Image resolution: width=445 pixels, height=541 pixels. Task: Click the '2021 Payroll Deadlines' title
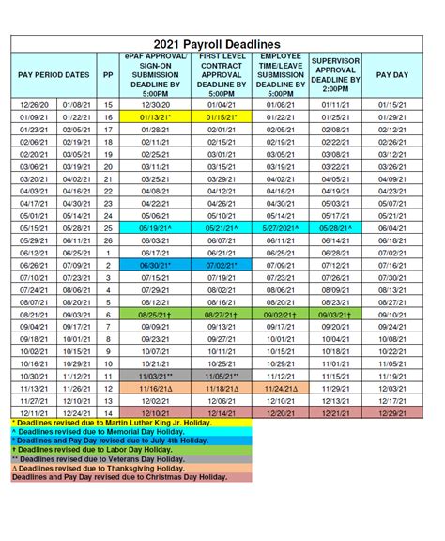pos(222,44)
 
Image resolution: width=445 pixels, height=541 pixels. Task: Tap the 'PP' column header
pos(108,74)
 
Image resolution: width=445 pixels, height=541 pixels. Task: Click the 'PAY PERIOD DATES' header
pos(54,74)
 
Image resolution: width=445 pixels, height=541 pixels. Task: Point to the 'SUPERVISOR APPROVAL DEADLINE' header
pos(336,74)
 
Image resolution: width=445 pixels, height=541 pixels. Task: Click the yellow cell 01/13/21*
pos(150,116)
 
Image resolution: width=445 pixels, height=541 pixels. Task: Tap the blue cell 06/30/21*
pos(150,266)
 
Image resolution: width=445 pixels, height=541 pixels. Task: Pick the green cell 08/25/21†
pos(150,317)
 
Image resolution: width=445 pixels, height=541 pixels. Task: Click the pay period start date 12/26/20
pos(33,104)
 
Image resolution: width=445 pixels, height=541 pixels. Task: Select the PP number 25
pos(108,227)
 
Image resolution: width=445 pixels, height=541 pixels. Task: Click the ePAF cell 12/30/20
pos(150,104)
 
